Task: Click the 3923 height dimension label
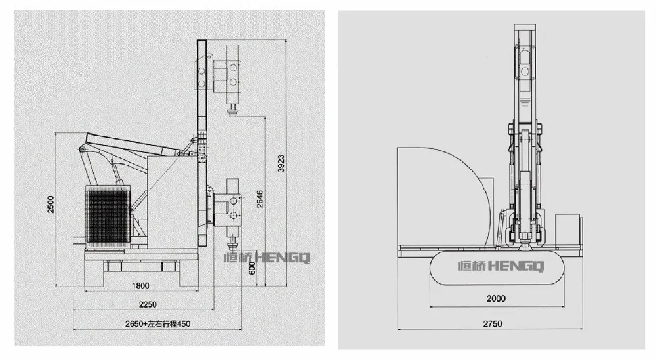pos(281,163)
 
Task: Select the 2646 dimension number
pos(260,199)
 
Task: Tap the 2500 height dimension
pos(51,205)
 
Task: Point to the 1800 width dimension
pos(140,286)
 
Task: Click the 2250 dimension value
pos(148,304)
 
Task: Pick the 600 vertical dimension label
pos(251,268)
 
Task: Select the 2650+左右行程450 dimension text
pos(157,324)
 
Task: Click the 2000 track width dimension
pos(496,298)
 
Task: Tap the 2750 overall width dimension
pos(493,324)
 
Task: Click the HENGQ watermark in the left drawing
pos(266,258)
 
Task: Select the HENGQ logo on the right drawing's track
pos(501,266)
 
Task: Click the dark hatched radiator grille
pos(108,216)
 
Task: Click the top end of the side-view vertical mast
pos(201,40)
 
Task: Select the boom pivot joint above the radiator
pos(82,150)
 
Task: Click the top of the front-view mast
pos(525,25)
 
